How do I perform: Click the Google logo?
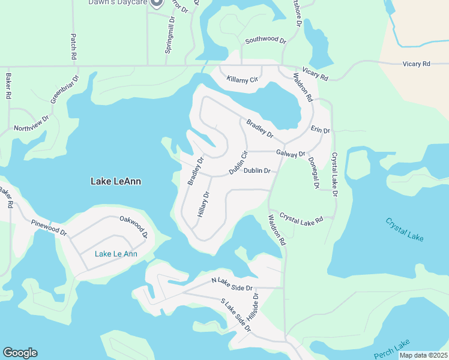[20, 353]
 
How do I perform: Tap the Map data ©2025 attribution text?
[423, 355]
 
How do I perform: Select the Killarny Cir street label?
[242, 79]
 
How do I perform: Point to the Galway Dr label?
[291, 154]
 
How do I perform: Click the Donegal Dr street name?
[313, 173]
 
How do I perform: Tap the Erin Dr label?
[320, 130]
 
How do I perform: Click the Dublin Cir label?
[238, 163]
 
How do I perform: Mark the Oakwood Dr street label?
[133, 226]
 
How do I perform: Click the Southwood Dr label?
[265, 40]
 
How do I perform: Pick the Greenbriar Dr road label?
[64, 89]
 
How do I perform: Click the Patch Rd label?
[74, 46]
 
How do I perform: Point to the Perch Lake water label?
[391, 349]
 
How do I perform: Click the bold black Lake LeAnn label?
[115, 181]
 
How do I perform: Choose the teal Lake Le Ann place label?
[116, 254]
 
